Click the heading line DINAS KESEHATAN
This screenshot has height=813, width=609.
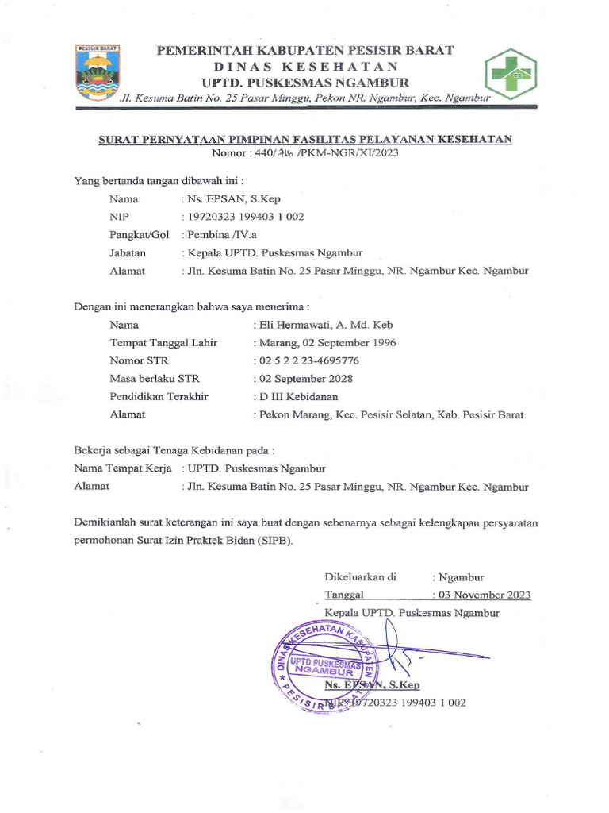click(305, 67)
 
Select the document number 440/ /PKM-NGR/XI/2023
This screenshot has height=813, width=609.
click(305, 152)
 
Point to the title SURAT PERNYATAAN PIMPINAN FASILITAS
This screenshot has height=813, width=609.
click(305, 139)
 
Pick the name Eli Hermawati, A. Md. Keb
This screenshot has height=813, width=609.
click(323, 324)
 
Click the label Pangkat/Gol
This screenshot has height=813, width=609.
click(140, 235)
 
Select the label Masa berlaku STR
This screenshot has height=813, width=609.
click(154, 378)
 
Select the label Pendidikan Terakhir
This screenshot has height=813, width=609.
click(159, 396)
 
